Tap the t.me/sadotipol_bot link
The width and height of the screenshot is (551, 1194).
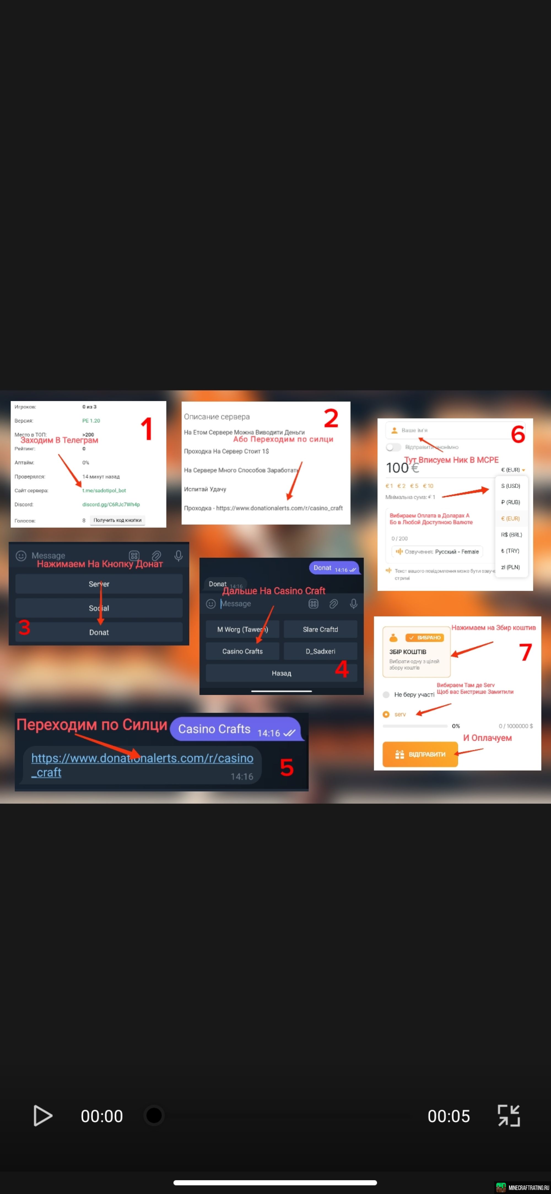click(104, 490)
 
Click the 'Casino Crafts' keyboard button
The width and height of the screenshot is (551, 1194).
click(242, 651)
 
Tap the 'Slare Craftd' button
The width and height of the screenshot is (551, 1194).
click(320, 629)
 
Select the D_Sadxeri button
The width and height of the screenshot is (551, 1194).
click(320, 651)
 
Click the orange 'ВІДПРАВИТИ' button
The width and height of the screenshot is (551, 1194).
click(420, 754)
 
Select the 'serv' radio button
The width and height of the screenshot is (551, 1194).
click(386, 714)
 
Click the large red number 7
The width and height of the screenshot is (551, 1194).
click(525, 652)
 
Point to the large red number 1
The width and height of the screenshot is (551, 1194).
click(147, 429)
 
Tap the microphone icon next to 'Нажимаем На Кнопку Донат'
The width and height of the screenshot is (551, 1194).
click(179, 555)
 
